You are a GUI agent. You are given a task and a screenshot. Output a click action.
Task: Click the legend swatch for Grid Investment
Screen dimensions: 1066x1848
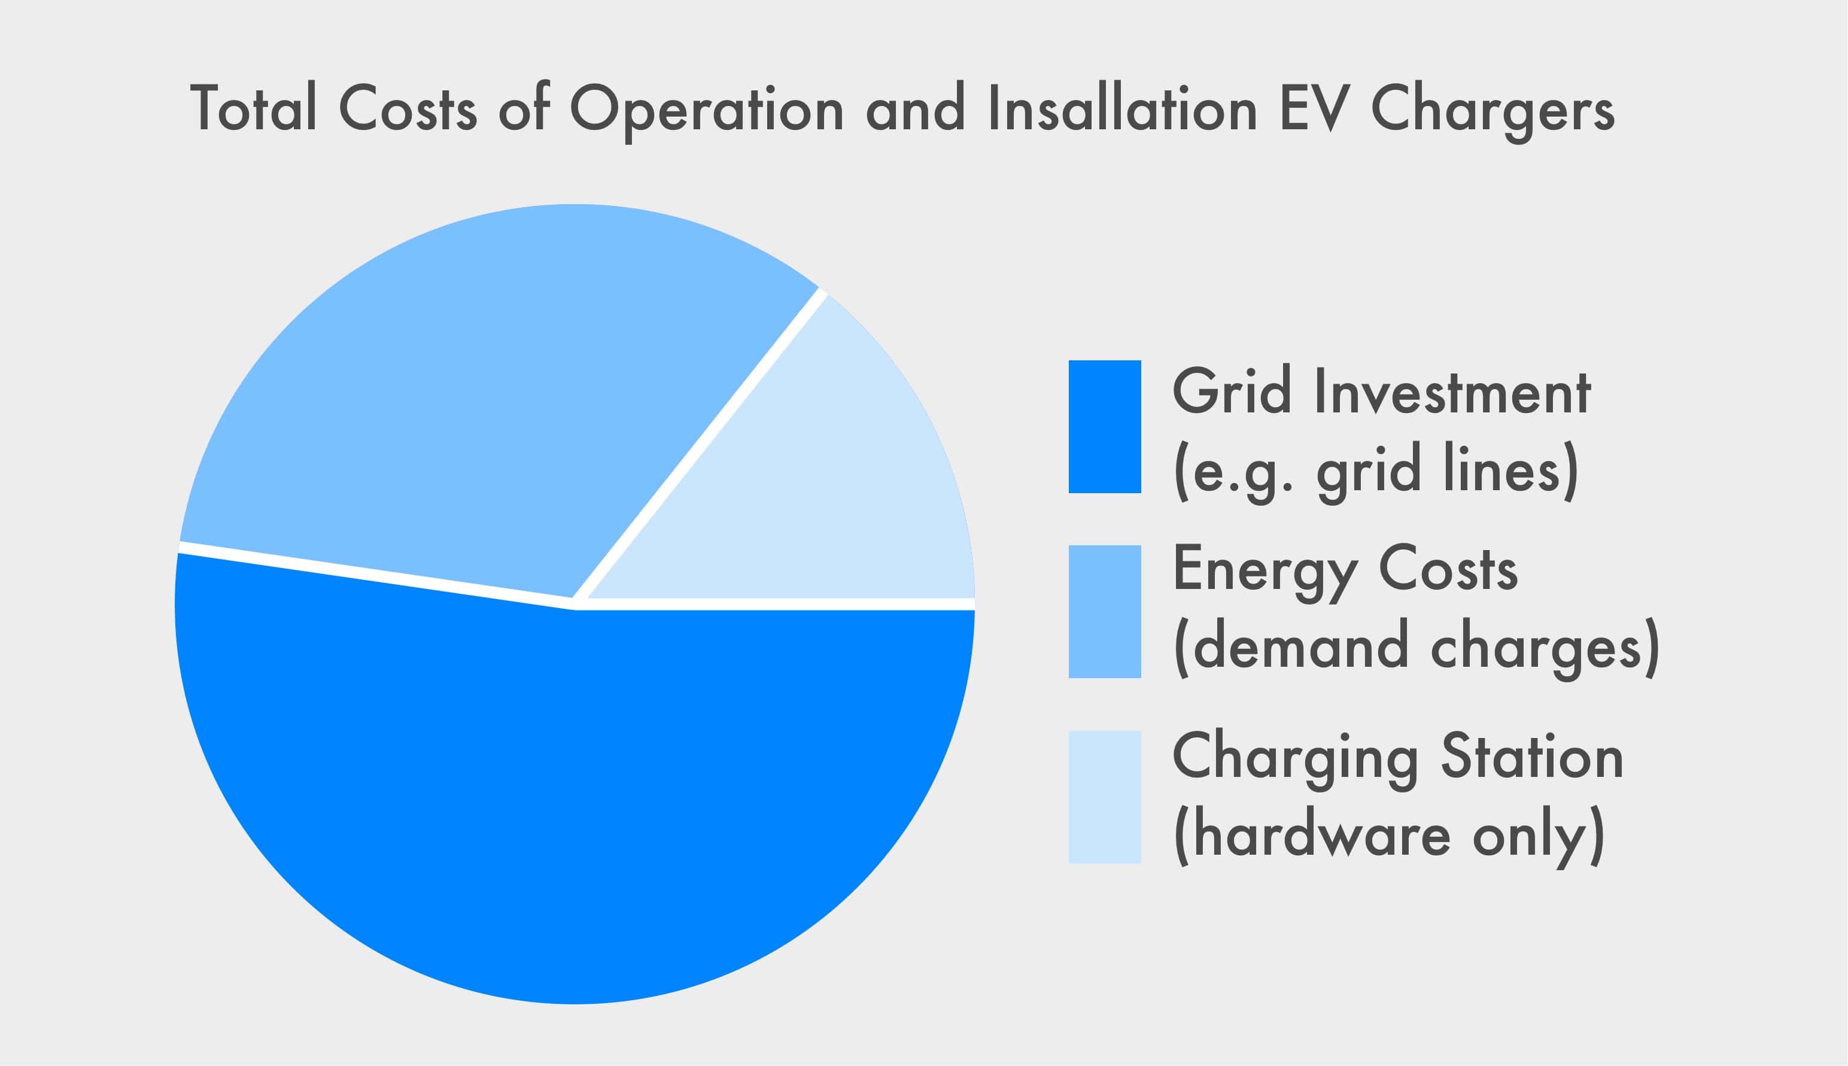[x=1104, y=427]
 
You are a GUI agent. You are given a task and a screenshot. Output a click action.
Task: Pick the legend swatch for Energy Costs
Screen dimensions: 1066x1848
[x=1104, y=611]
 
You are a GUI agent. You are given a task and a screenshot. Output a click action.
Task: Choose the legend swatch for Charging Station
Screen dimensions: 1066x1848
[x=1104, y=797]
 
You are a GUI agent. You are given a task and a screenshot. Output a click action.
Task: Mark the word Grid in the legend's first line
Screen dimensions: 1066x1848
[x=1232, y=391]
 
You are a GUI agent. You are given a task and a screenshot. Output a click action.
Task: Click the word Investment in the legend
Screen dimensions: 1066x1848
[x=1453, y=391]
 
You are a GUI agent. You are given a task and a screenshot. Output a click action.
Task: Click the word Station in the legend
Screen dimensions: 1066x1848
[x=1533, y=757]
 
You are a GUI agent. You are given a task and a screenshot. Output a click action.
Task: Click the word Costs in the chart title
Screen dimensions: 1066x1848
[x=408, y=108]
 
